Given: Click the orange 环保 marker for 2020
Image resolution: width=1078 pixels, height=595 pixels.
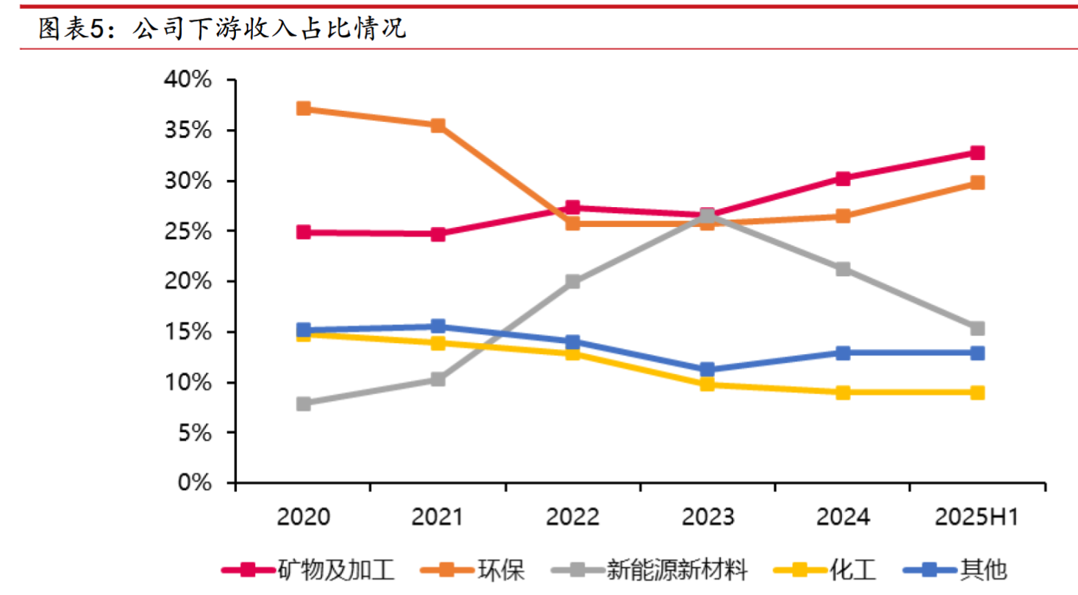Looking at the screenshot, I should pyautogui.click(x=303, y=109).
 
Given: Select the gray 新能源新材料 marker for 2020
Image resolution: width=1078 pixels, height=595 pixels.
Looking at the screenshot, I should pyautogui.click(x=303, y=403).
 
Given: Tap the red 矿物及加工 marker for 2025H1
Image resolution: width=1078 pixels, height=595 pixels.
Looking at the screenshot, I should pyautogui.click(x=977, y=153).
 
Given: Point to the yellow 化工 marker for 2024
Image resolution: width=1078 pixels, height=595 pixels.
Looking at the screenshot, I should pyautogui.click(x=843, y=392).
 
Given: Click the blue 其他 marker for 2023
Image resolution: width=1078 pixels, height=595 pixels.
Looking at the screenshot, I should pyautogui.click(x=707, y=369).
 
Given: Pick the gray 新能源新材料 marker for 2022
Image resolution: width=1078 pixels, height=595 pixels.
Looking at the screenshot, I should pyautogui.click(x=573, y=281).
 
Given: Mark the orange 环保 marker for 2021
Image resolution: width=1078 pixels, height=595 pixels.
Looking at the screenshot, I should pyautogui.click(x=438, y=126).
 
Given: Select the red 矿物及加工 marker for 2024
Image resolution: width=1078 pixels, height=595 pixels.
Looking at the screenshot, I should pyautogui.click(x=843, y=178).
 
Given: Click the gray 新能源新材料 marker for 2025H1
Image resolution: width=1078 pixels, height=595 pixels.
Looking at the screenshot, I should pyautogui.click(x=977, y=328).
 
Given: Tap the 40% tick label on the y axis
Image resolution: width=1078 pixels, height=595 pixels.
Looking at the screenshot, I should pyautogui.click(x=187, y=80).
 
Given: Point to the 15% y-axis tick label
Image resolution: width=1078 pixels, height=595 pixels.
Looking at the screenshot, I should pyautogui.click(x=187, y=333).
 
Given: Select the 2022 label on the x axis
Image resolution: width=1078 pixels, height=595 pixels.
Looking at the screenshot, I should pyautogui.click(x=573, y=518).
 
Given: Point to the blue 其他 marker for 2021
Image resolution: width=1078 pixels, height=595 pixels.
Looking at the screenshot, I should pyautogui.click(x=438, y=326).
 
